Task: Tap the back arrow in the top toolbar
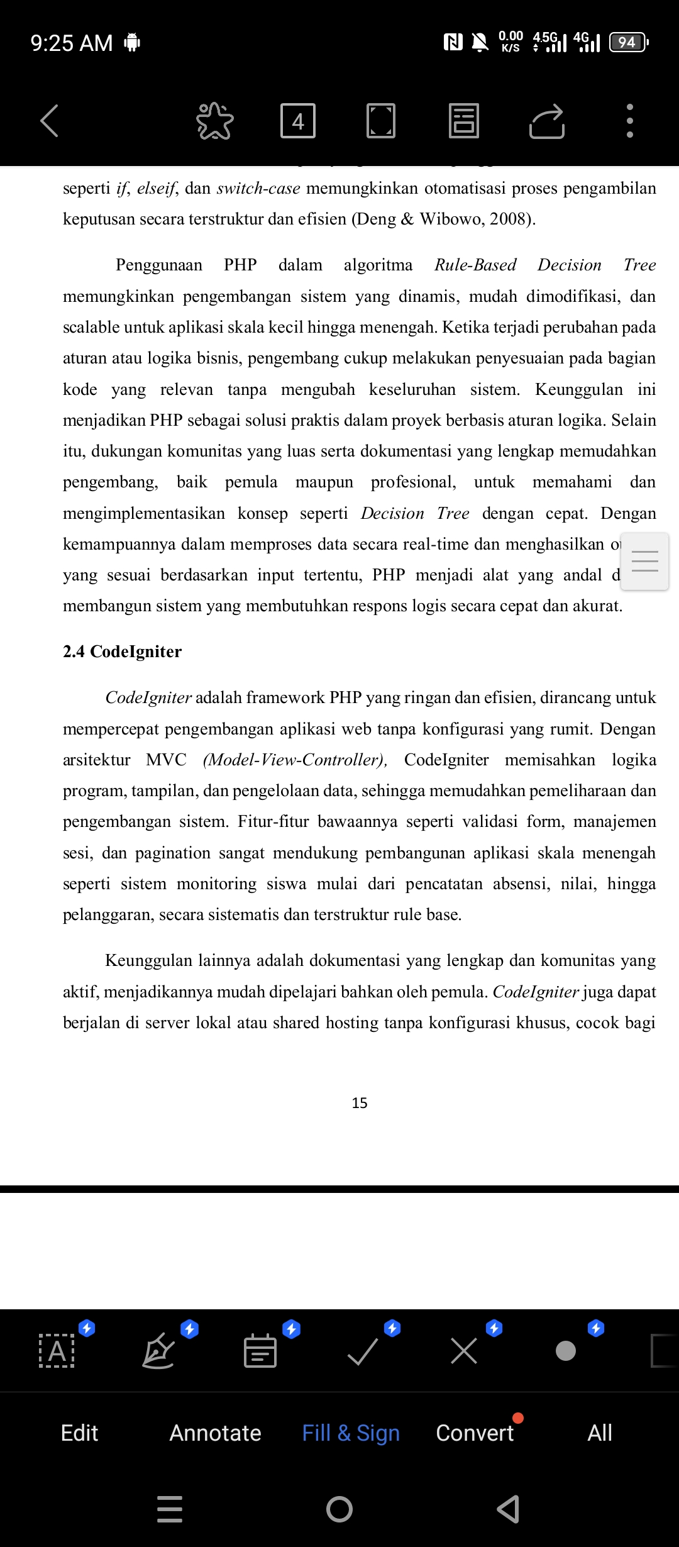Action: pyautogui.click(x=50, y=121)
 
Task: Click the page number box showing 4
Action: pyautogui.click(x=298, y=121)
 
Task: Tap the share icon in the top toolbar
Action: pyautogui.click(x=547, y=121)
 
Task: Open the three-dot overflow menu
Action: pyautogui.click(x=629, y=121)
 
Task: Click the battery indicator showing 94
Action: pyautogui.click(x=628, y=42)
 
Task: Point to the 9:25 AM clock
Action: pyautogui.click(x=72, y=43)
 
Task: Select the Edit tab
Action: pyautogui.click(x=79, y=1433)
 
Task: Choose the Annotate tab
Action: pyautogui.click(x=215, y=1433)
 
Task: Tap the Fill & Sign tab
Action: pyautogui.click(x=351, y=1433)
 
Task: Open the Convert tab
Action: pyautogui.click(x=475, y=1433)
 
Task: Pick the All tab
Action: pyautogui.click(x=600, y=1433)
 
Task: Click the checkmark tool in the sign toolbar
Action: pyautogui.click(x=363, y=1351)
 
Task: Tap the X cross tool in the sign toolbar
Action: pyautogui.click(x=464, y=1351)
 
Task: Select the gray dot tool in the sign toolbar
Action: pyautogui.click(x=566, y=1351)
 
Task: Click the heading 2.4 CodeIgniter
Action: pyautogui.click(x=122, y=652)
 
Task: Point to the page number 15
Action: pyautogui.click(x=360, y=1103)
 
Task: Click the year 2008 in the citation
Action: pyautogui.click(x=509, y=219)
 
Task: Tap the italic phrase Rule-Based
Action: pyautogui.click(x=475, y=265)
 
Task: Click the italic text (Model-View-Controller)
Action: pyautogui.click(x=294, y=760)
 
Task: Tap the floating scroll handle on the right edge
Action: pyautogui.click(x=644, y=561)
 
